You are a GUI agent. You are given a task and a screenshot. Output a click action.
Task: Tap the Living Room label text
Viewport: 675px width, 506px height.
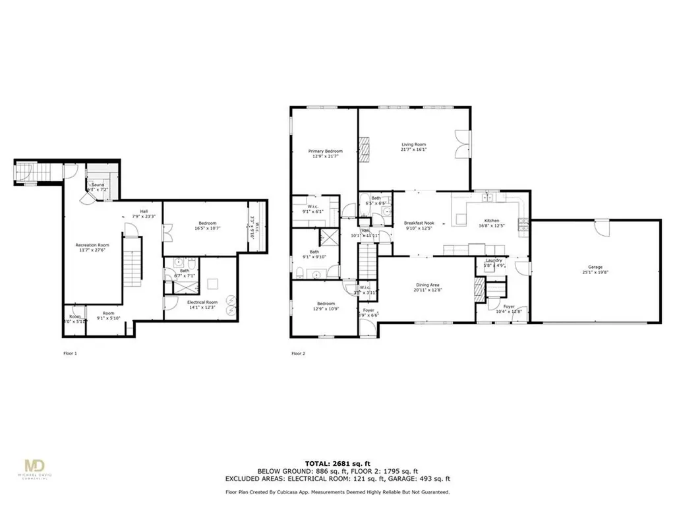pos(414,144)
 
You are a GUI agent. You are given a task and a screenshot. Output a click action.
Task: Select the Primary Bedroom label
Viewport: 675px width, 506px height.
pos(326,151)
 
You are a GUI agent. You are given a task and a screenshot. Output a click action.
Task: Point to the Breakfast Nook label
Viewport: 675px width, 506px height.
pos(419,223)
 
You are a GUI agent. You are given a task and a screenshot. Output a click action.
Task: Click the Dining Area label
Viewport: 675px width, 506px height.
pos(428,285)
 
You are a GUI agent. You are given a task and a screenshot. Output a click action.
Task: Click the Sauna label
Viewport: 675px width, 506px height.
pos(98,185)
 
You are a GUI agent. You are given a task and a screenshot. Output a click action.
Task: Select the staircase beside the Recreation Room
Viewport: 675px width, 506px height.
pos(133,260)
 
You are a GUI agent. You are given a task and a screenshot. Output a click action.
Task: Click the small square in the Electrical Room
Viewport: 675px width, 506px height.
pos(212,285)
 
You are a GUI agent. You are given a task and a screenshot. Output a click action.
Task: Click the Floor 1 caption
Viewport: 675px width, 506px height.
pos(69,354)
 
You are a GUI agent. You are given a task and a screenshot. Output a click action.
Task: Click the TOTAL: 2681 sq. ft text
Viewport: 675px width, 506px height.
pos(337,463)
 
